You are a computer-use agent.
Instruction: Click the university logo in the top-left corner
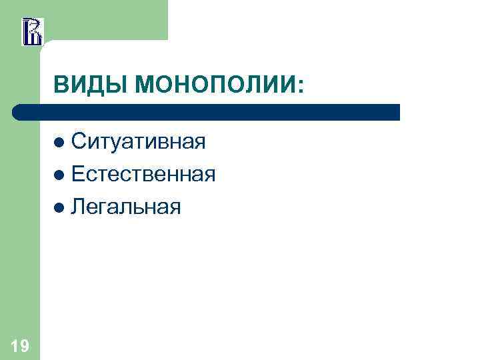click(32, 31)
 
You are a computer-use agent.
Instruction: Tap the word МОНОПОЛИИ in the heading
click(214, 85)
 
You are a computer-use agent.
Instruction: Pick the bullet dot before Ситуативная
click(61, 142)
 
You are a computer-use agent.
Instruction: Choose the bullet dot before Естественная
click(61, 175)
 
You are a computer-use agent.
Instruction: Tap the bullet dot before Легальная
click(61, 207)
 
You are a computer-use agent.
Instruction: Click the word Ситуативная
click(138, 141)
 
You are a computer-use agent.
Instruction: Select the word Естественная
click(143, 174)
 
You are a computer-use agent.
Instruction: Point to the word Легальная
click(126, 207)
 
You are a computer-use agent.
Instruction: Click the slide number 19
click(20, 345)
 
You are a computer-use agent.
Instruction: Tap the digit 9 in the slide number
click(25, 345)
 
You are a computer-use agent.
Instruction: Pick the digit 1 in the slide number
click(15, 345)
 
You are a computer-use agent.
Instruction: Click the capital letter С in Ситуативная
click(79, 141)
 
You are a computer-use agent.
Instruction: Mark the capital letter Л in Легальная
click(79, 207)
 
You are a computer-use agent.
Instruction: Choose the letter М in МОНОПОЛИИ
click(145, 85)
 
